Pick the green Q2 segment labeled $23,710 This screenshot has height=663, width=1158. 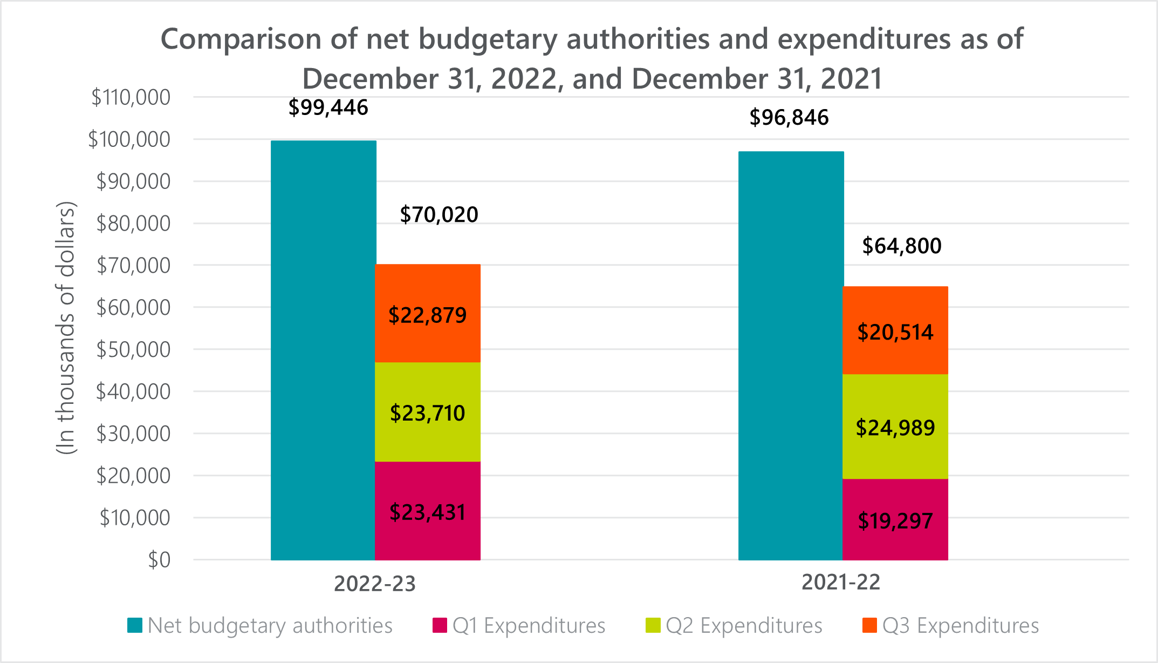tap(428, 412)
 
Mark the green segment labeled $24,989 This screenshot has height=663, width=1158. tap(895, 427)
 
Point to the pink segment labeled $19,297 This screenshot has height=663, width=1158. tap(895, 519)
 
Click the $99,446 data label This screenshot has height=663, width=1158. tap(328, 107)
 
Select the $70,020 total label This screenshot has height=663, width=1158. tap(439, 214)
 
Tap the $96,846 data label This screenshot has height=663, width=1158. tap(789, 117)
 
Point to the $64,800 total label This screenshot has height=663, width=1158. tap(902, 246)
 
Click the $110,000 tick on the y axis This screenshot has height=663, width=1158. tap(131, 97)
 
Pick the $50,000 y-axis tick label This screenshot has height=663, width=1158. tap(133, 349)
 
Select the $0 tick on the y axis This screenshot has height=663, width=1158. tap(159, 560)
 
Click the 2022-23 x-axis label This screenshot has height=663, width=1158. tap(375, 584)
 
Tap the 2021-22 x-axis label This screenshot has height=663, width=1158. tap(841, 582)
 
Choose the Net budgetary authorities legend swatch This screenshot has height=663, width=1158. tap(135, 625)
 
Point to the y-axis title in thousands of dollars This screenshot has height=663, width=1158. tap(66, 328)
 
